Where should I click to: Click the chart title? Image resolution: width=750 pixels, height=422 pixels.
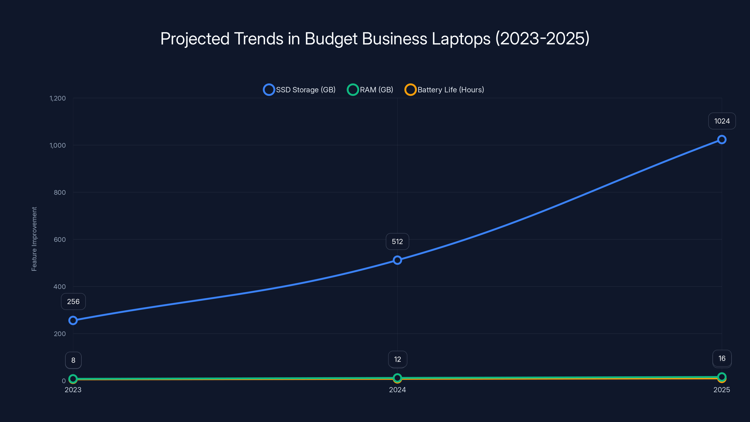[375, 39]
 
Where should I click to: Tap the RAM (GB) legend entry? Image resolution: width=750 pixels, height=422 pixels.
[370, 90]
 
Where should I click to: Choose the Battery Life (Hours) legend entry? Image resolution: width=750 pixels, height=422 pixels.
[444, 90]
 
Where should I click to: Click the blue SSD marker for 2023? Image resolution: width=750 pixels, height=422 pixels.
[73, 320]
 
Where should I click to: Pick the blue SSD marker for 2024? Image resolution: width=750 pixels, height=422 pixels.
[397, 260]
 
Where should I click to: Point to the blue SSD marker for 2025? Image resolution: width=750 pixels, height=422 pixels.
[722, 139]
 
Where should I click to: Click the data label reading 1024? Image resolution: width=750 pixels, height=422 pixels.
[722, 121]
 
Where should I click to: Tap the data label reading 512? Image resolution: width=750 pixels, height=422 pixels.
[397, 241]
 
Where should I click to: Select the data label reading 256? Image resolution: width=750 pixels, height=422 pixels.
[73, 301]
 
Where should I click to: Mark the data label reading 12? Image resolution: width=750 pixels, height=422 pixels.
[397, 359]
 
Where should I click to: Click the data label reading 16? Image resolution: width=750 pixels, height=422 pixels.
[722, 358]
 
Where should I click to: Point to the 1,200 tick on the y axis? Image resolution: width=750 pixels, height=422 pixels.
[58, 98]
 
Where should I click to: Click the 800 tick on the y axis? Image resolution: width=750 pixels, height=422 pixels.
[60, 192]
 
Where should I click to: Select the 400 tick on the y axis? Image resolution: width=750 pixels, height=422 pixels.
[60, 286]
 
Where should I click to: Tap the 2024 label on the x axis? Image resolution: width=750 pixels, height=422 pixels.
[397, 390]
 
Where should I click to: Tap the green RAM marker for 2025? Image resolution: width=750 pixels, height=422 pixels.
[722, 377]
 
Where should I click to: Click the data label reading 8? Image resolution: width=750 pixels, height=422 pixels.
[73, 360]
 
